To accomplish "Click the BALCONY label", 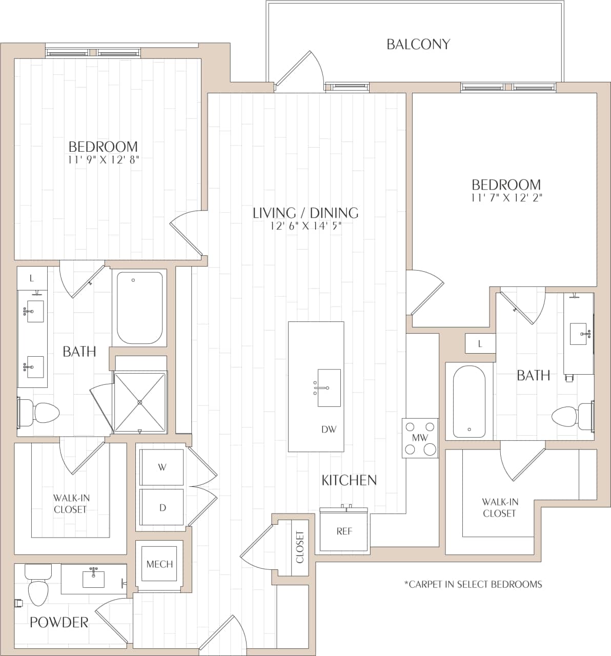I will (x=418, y=45).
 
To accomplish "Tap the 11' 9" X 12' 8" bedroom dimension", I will (x=103, y=159).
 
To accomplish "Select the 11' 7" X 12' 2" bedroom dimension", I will (x=506, y=197).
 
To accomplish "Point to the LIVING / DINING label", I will (x=305, y=213).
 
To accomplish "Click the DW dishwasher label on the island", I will (x=329, y=429).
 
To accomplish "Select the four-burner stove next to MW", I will (x=420, y=438).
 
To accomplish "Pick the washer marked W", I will (x=162, y=467).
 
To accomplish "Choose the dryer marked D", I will (x=162, y=507).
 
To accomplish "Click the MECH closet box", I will (x=159, y=564).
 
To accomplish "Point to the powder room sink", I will (x=93, y=579).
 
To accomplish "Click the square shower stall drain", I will (x=140, y=402).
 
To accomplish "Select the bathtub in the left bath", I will (x=139, y=307).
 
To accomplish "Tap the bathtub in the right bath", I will (x=469, y=400).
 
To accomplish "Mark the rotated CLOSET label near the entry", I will (x=300, y=547).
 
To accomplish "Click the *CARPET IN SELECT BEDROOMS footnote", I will (x=473, y=584).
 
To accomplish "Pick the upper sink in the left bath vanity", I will (x=33, y=311).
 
